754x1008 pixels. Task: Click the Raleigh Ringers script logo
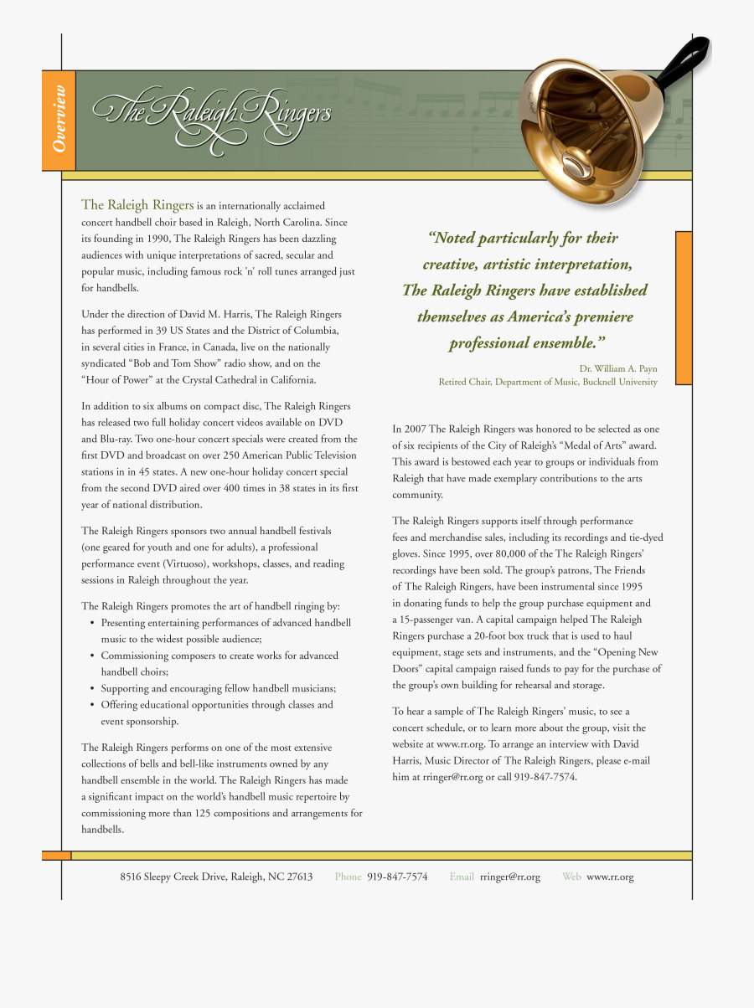coord(211,117)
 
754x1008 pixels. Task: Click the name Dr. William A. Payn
coord(618,368)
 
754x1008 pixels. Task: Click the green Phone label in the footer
coord(349,877)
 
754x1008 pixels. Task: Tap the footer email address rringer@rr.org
coord(510,877)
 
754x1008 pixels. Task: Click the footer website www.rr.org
coord(610,877)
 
